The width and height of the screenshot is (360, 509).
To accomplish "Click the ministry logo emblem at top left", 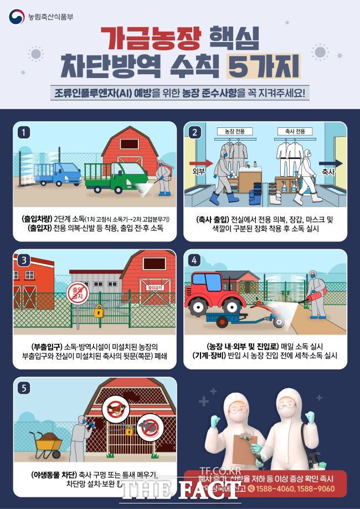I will point(16,17).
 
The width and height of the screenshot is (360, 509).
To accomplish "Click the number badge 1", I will point(23,132).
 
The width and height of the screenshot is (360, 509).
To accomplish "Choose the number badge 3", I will point(23,260).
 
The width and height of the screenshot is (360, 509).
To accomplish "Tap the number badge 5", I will point(23,388).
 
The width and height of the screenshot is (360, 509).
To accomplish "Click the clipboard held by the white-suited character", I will point(241,447).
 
